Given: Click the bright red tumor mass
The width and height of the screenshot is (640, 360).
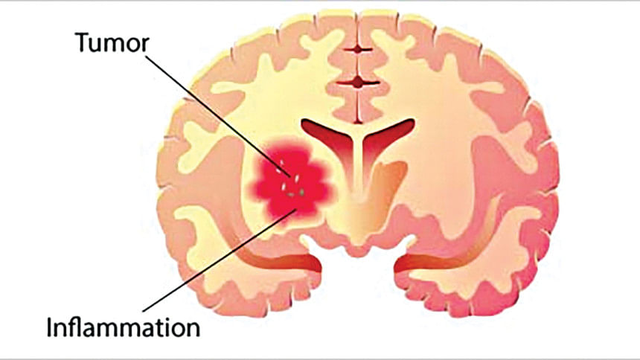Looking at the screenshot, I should click(287, 182).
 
